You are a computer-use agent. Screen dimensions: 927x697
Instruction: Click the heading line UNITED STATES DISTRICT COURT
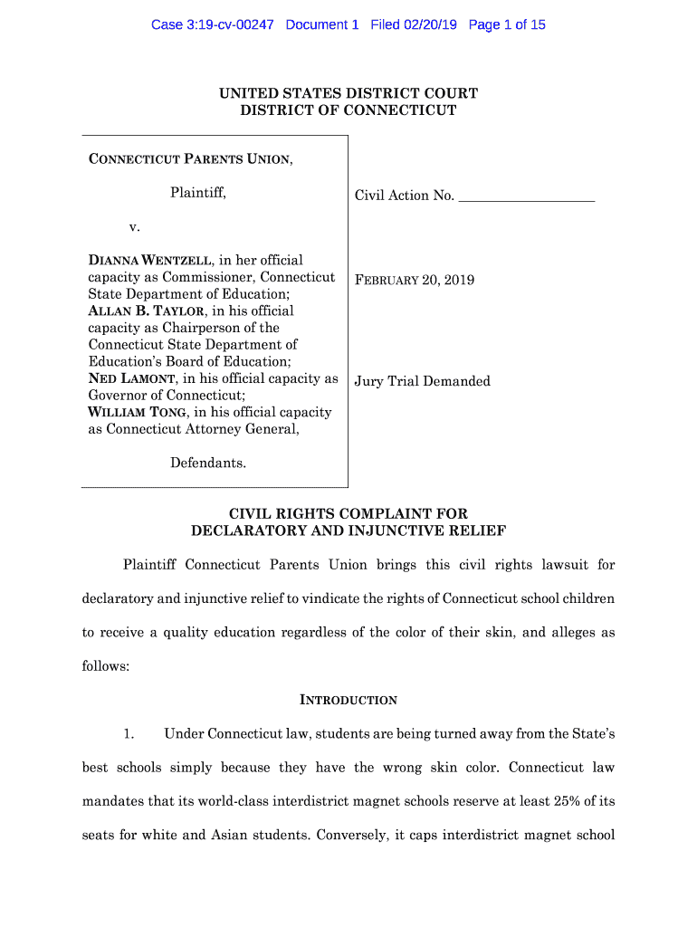tap(348, 93)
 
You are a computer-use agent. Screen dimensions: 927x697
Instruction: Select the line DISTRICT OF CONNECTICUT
tap(348, 110)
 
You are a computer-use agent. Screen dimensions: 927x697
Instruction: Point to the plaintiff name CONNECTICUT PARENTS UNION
tap(189, 160)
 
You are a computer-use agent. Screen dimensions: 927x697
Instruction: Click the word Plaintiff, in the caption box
tap(198, 193)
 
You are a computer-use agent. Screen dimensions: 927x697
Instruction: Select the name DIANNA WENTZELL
tap(151, 261)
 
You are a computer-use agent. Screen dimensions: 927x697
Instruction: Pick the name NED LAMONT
tap(131, 379)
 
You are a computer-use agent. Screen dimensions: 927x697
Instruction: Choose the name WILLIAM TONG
tap(137, 413)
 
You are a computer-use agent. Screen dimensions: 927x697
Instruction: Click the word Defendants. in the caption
tap(208, 463)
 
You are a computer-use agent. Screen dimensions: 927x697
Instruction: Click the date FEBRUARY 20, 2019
tap(415, 280)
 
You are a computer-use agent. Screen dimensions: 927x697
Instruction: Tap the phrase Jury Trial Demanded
tap(423, 381)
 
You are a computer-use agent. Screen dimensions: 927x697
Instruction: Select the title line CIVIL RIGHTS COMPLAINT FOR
tap(348, 513)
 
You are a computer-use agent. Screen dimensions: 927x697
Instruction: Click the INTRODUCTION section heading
tap(348, 700)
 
